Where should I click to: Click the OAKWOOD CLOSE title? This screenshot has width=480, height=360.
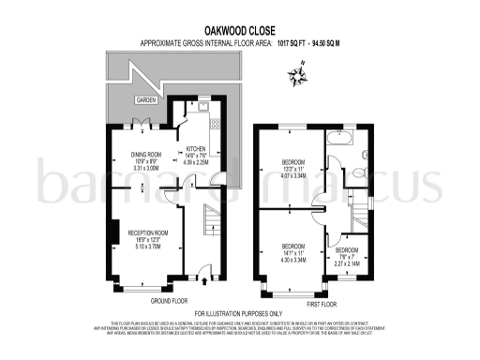click(239, 29)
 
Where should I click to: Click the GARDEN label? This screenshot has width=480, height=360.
click(145, 98)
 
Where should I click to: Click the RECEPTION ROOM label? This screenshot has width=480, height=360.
click(147, 232)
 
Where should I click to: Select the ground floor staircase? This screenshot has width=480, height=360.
click(210, 230)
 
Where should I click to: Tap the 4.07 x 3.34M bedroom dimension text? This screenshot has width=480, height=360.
click(292, 173)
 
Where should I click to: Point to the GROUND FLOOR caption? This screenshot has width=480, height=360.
click(169, 301)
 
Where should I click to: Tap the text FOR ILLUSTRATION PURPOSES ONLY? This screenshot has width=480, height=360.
click(240, 313)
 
